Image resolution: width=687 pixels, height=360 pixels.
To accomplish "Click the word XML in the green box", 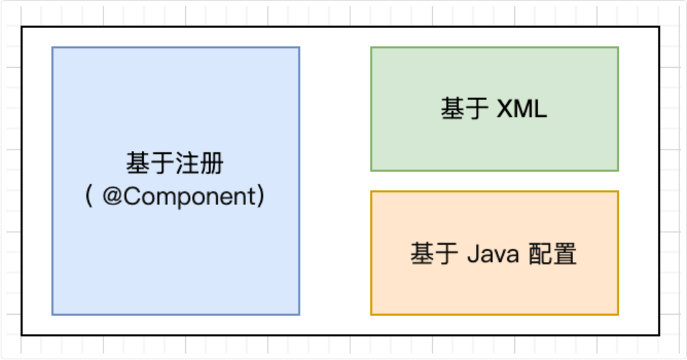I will click(522, 109).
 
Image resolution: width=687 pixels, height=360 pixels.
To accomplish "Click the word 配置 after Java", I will click(553, 254).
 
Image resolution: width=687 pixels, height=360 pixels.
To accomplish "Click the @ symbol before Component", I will click(112, 197).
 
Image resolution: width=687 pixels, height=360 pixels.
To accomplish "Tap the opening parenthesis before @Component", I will click(90, 197).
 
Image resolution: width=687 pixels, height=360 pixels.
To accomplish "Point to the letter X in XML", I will click(505, 109).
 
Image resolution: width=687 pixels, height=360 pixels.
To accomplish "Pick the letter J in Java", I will click(472, 254).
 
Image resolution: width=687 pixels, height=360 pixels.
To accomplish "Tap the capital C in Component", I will click(131, 197).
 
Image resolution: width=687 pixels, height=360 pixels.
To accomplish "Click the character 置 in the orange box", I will click(566, 254).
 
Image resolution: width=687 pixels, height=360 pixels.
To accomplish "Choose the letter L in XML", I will click(541, 109).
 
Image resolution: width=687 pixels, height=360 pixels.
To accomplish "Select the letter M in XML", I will click(523, 109).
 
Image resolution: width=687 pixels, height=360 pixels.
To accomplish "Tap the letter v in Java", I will click(500, 255).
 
